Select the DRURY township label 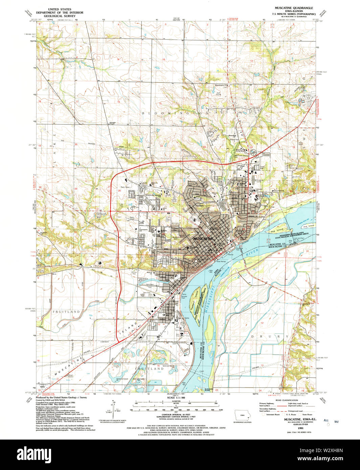[x=270, y=336]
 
